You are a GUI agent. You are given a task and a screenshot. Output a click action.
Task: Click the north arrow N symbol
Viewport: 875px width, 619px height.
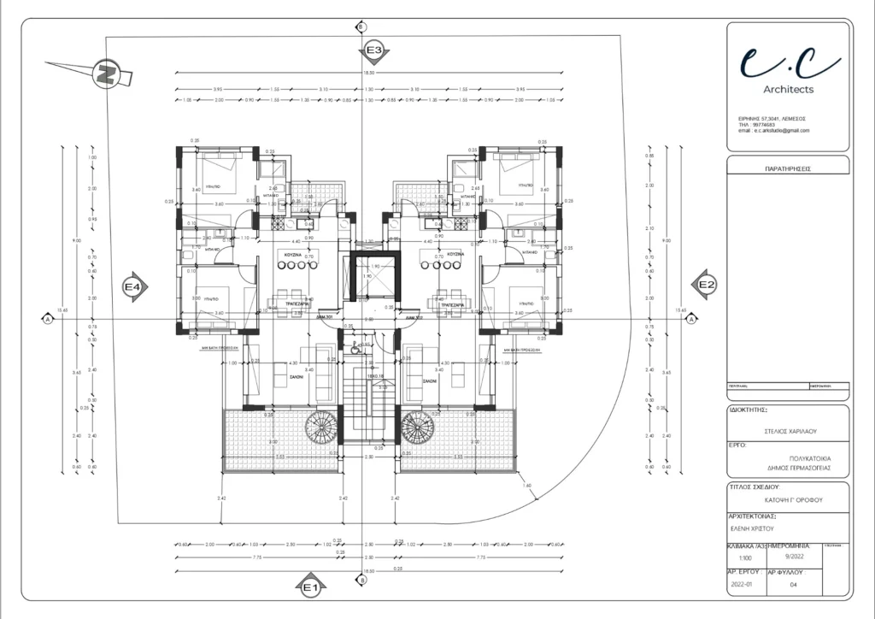(106, 74)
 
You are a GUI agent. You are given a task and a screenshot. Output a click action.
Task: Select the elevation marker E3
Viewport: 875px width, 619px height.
(374, 51)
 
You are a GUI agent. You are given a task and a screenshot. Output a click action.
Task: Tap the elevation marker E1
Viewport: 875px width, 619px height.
(309, 587)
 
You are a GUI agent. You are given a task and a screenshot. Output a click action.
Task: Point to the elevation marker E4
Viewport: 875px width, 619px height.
(132, 287)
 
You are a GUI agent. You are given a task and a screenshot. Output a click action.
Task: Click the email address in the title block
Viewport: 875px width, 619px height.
(774, 131)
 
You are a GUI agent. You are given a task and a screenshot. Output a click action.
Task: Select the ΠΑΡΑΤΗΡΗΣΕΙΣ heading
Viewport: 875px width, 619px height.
(788, 168)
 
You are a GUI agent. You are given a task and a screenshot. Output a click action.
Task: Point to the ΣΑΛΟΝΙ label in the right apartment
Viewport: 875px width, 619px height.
(429, 381)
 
